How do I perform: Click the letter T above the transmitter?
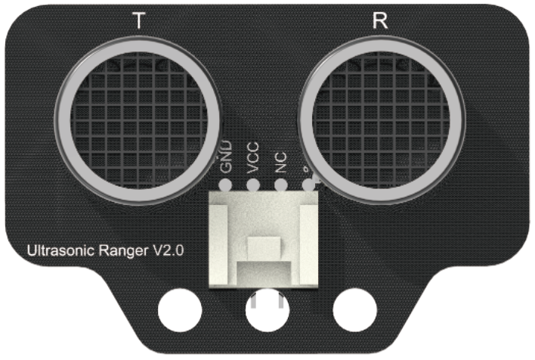(138, 21)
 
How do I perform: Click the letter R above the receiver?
(380, 21)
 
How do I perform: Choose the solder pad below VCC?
(253, 185)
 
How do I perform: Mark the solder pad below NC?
(280, 185)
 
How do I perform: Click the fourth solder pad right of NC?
(308, 184)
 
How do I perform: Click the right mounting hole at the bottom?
(354, 311)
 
